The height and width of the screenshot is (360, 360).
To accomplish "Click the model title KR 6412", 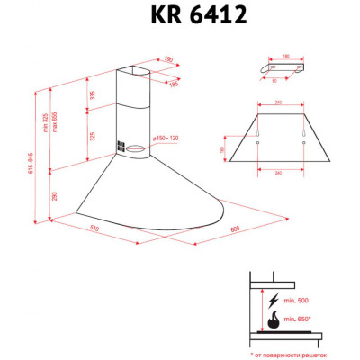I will (x=180, y=15).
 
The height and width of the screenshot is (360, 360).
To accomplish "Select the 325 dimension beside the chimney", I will (x=91, y=137).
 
